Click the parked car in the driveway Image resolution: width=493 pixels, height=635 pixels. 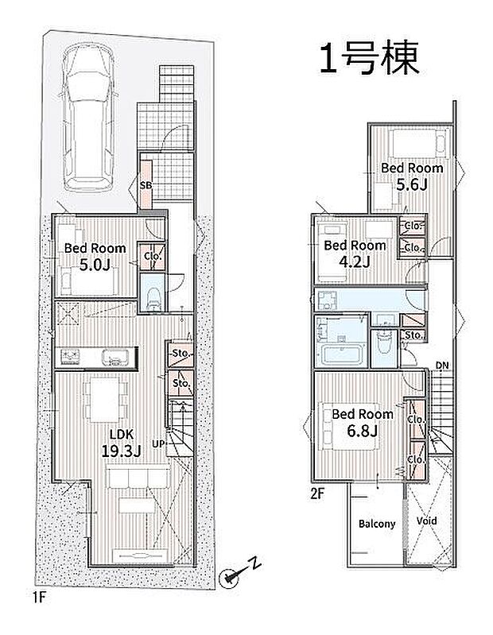[88, 118]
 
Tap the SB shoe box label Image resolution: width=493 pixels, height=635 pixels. [146, 185]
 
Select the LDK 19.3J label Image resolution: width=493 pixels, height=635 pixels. [121, 443]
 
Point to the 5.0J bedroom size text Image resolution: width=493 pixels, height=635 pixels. [95, 265]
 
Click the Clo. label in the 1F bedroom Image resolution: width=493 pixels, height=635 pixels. [153, 256]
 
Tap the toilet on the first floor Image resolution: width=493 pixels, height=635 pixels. [153, 299]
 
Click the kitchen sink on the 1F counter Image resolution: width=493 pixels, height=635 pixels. [115, 357]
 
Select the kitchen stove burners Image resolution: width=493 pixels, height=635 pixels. [71, 357]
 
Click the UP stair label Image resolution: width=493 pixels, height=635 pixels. [158, 443]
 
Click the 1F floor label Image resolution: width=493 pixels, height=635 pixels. [37, 598]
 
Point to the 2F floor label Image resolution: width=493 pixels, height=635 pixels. [318, 494]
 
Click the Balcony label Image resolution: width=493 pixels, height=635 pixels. [377, 524]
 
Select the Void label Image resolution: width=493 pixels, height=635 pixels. [427, 521]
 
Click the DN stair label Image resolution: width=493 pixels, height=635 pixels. [442, 366]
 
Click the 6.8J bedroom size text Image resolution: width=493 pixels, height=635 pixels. [362, 431]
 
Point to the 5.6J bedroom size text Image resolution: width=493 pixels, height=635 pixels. [412, 185]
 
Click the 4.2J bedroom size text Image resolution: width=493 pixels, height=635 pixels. [355, 262]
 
